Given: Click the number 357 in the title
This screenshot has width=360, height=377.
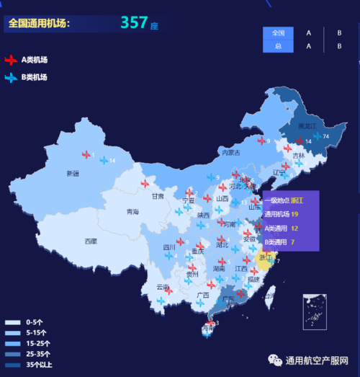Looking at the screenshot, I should click(134, 23).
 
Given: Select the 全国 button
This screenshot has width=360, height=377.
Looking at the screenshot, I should click(279, 32).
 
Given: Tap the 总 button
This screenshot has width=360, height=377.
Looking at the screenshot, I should click(279, 46).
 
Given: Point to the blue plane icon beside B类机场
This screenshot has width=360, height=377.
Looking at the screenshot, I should click(11, 77).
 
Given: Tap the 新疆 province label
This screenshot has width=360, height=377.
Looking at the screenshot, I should click(72, 173).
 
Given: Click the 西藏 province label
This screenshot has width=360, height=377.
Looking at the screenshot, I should click(90, 241).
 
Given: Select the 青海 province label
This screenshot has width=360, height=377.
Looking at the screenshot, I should click(132, 212).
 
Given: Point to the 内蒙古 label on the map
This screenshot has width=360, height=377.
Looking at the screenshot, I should click(230, 153).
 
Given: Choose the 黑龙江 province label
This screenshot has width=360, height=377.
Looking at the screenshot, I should click(307, 127).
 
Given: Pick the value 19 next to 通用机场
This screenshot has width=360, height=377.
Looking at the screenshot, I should click(294, 214).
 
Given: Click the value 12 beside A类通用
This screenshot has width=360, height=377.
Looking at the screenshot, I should click(294, 228).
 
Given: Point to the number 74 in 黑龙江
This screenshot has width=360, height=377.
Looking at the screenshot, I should click(326, 136).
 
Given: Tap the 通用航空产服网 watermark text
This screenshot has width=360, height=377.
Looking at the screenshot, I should click(317, 360).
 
